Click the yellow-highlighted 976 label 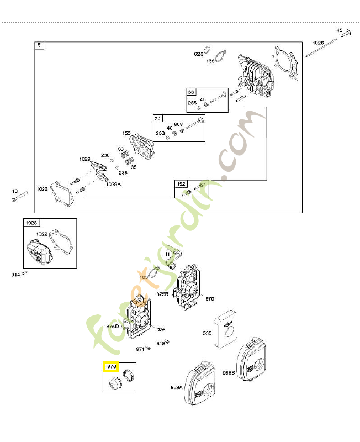(112, 366)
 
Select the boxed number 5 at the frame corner (39, 45)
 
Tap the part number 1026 (318, 43)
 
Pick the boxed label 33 (190, 92)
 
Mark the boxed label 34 (158, 119)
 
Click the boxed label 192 (181, 183)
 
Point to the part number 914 (15, 275)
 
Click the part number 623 (198, 54)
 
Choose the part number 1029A (114, 184)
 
